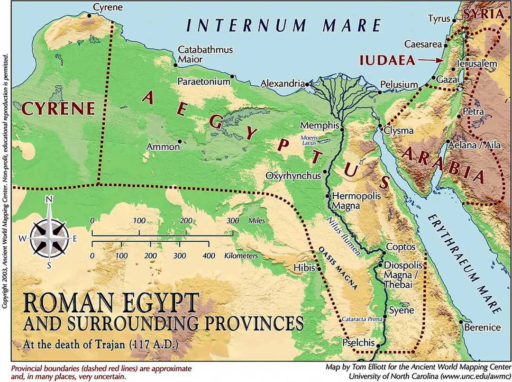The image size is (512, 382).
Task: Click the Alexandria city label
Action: tap(283, 84)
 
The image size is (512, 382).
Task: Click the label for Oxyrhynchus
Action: tap(293, 175)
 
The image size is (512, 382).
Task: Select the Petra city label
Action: tap(474, 111)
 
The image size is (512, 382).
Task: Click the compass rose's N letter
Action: tap(48, 200)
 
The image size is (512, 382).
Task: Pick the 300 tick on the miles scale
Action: tap(233, 232)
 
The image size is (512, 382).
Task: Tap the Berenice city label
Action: tap(482, 327)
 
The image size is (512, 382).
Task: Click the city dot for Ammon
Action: tap(180, 141)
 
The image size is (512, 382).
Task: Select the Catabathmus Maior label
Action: tap(199, 55)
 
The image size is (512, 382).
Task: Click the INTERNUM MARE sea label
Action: tap(283, 25)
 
